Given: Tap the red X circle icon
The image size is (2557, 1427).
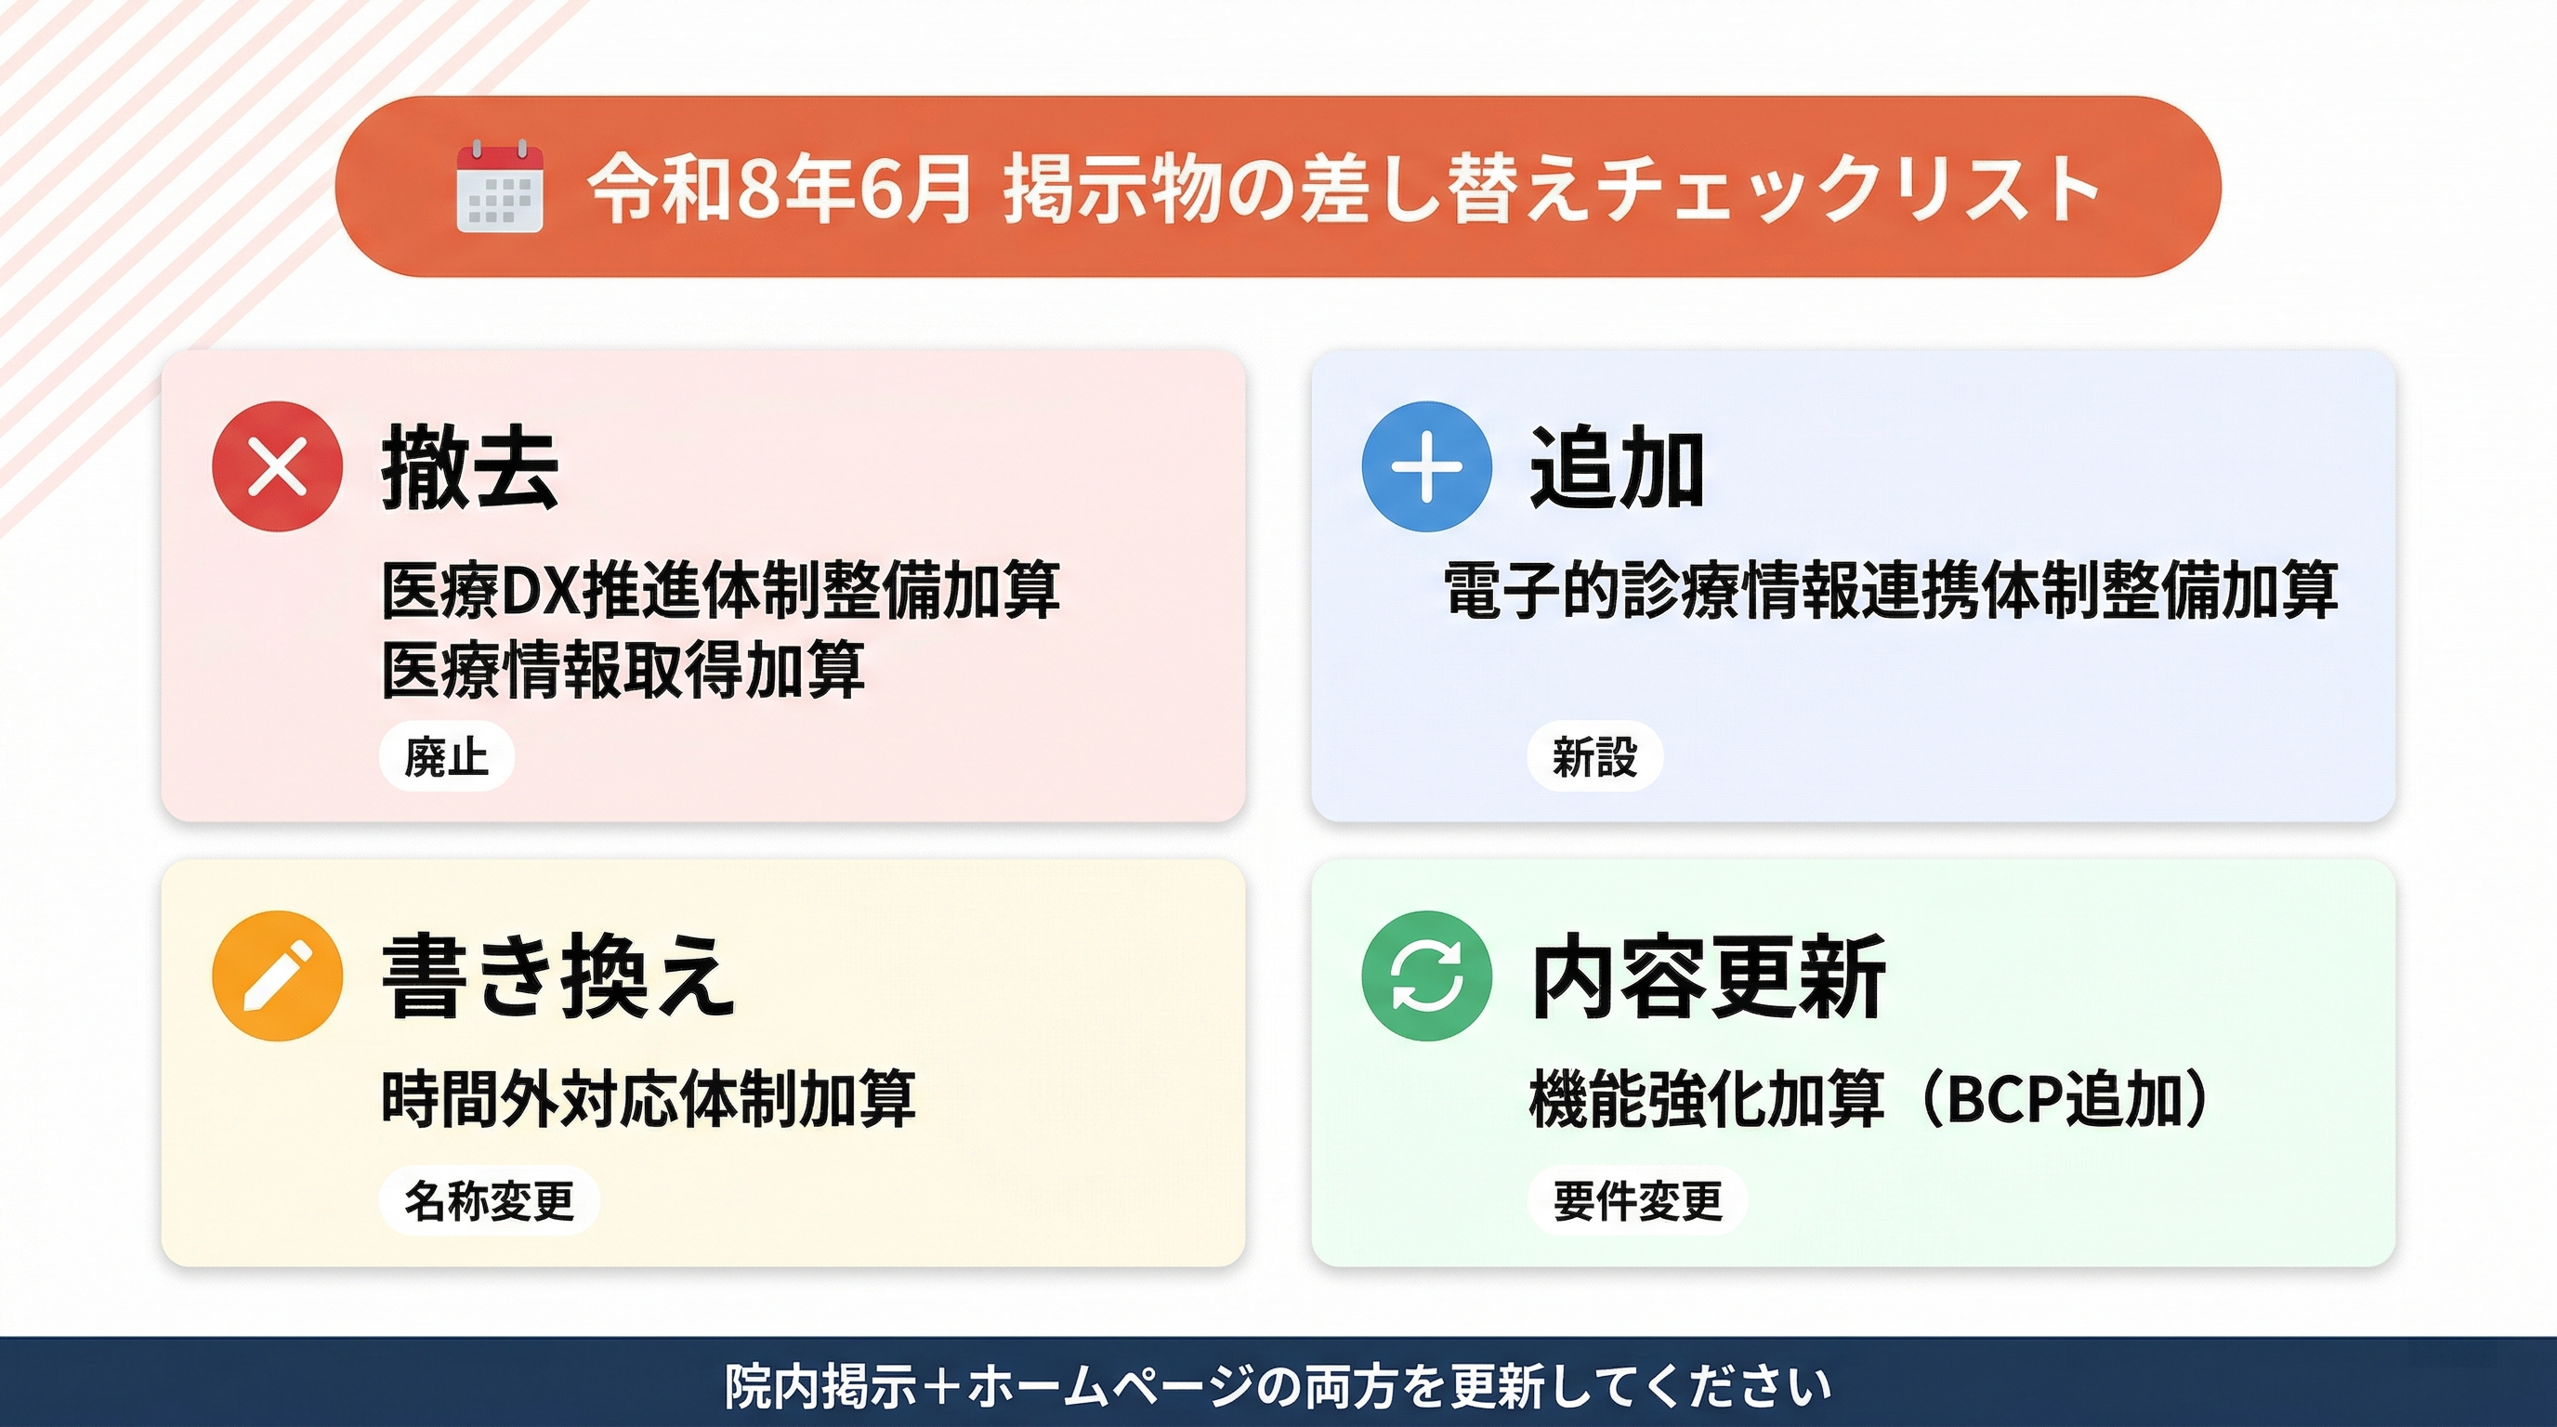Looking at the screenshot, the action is click(278, 466).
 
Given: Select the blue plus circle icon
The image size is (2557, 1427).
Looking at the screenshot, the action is click(1426, 466).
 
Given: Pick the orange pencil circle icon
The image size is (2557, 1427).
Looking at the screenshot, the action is click(278, 975).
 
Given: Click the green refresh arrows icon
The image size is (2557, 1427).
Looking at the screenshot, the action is click(1426, 975).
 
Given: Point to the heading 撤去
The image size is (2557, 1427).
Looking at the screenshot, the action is click(470, 467).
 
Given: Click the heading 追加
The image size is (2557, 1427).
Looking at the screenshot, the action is click(1618, 467).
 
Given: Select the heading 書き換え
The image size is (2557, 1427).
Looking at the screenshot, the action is click(558, 976).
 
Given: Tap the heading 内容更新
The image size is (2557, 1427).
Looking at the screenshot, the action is click(1709, 976).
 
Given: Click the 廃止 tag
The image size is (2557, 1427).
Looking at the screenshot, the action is click(447, 756).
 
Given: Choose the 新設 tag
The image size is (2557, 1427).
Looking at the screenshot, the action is click(1595, 756).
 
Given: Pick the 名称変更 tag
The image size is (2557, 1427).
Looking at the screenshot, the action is click(490, 1199).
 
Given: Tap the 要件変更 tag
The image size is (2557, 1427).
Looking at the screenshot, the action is click(1638, 1199).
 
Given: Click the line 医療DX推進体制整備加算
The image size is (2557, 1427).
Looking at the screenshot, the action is click(722, 591).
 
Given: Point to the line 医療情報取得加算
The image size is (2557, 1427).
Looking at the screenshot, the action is click(623, 670).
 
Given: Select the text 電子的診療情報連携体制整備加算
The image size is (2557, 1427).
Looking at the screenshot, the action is click(1892, 591).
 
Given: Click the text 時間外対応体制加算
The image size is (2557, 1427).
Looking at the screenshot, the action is click(649, 1098).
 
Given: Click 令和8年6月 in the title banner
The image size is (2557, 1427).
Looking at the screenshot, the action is click(779, 188).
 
